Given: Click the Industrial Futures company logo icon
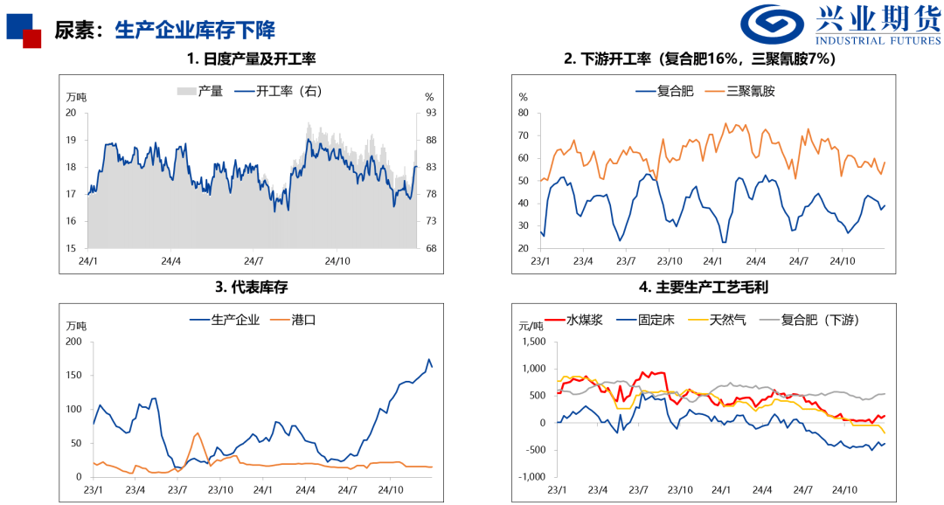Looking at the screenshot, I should pyautogui.click(x=774, y=26).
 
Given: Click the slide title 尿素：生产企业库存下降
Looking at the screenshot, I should pyautogui.click(x=164, y=30).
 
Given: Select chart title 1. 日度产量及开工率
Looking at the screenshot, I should pyautogui.click(x=251, y=59).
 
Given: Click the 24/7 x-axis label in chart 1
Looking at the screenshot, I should pyautogui.click(x=253, y=260).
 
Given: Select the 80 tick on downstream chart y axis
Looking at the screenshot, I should pyautogui.click(x=524, y=113).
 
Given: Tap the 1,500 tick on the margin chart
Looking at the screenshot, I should pyautogui.click(x=533, y=342).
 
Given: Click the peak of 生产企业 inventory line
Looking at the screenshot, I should pyautogui.click(x=428, y=359).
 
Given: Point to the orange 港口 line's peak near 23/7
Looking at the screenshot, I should pyautogui.click(x=197, y=433).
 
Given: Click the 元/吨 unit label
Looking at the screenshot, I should pyautogui.click(x=531, y=326).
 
